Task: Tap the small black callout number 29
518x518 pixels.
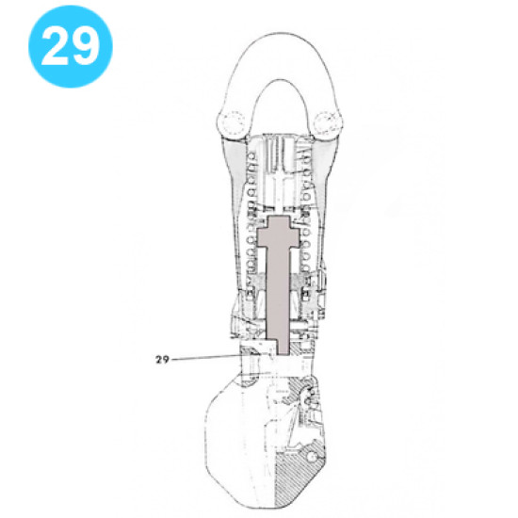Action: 163,358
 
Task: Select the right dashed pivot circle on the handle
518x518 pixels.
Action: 328,121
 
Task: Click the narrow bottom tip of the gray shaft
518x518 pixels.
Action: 283,345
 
